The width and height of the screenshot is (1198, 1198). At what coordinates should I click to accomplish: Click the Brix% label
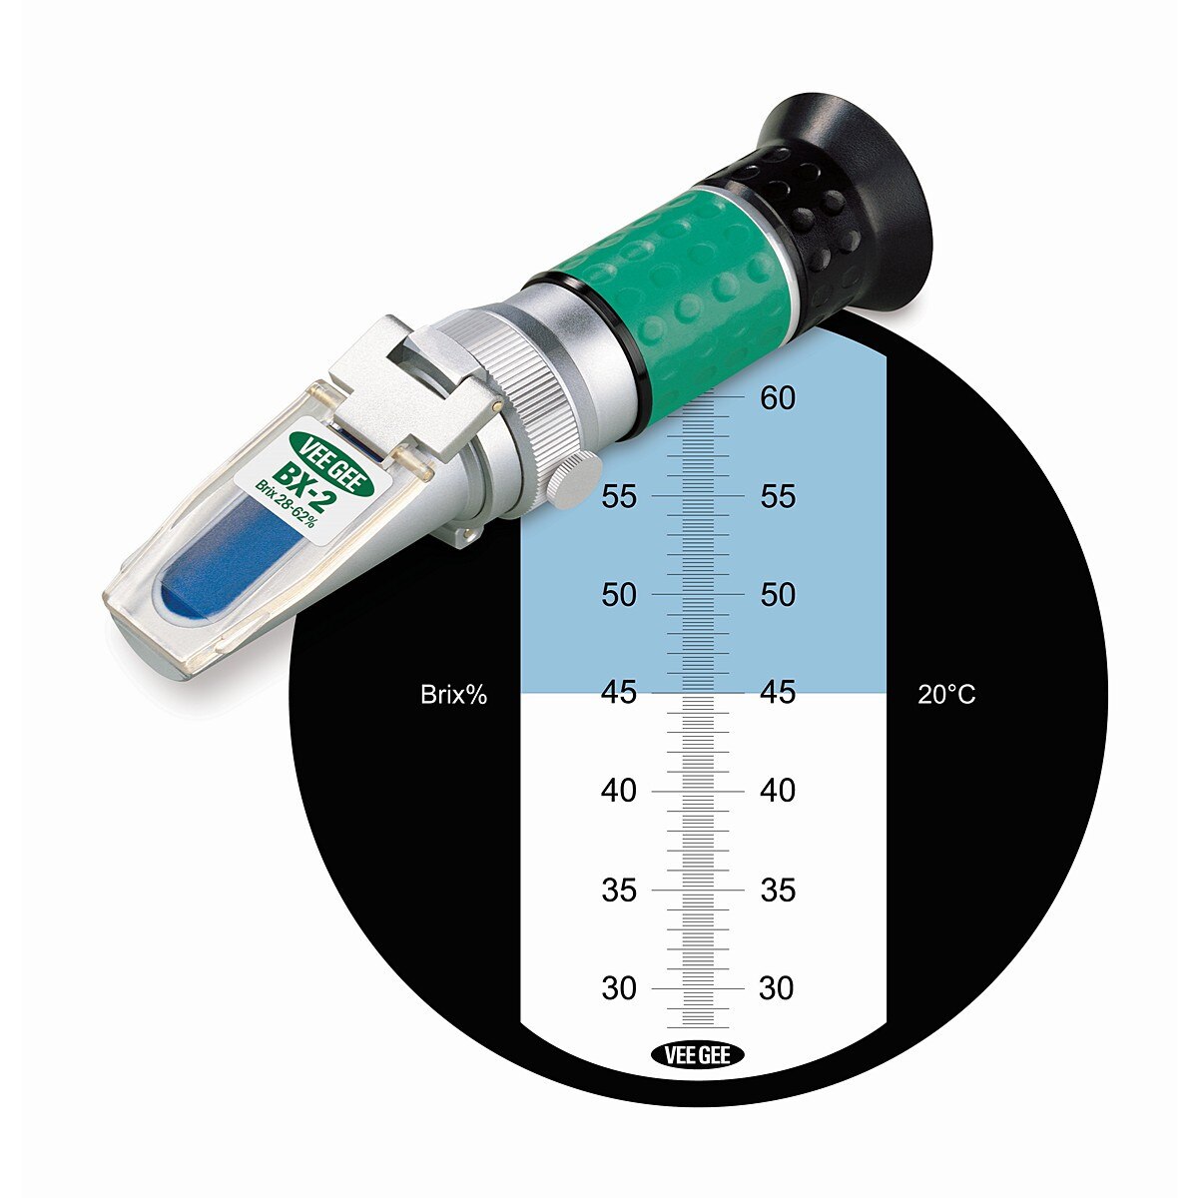(453, 695)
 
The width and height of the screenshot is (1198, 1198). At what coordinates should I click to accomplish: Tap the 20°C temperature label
(946, 695)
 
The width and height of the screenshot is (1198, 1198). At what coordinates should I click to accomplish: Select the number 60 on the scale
(777, 398)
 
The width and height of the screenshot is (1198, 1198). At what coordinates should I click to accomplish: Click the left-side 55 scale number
(619, 496)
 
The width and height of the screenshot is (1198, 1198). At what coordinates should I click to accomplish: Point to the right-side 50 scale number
(777, 594)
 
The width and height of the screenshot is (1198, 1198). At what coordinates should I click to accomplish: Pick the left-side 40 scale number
(619, 791)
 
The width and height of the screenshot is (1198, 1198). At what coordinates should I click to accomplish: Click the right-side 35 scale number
(777, 890)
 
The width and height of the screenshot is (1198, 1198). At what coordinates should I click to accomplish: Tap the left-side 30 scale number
(619, 988)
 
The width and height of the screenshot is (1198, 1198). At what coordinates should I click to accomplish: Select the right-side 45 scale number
(777, 692)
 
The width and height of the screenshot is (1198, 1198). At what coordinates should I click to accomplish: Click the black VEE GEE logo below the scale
(697, 1055)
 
